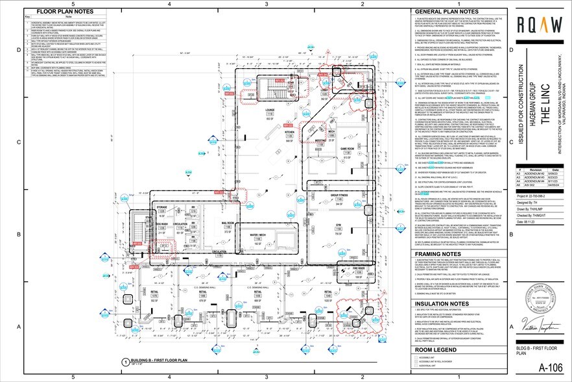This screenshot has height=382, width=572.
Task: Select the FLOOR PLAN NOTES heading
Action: pos(64,12)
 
